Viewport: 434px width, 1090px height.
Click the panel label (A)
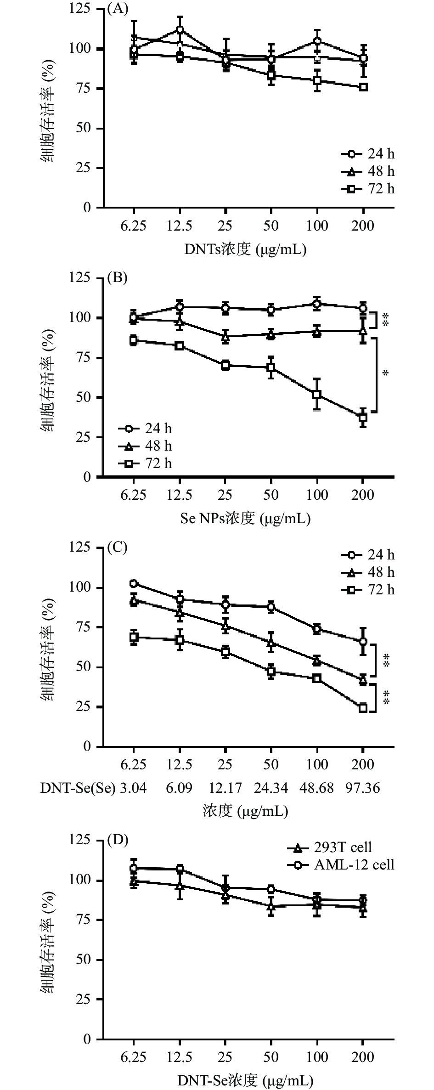[x=117, y=9]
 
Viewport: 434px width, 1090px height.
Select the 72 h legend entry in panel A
[x=368, y=189]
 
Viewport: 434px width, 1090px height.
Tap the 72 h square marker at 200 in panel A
[x=363, y=87]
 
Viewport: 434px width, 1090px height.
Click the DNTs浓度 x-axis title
[x=245, y=249]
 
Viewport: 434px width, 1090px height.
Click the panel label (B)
[x=117, y=278]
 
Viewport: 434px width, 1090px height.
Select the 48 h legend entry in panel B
[x=146, y=446]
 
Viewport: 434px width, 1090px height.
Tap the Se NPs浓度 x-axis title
[x=245, y=519]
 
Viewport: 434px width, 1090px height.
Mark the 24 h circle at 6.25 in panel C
[x=134, y=583]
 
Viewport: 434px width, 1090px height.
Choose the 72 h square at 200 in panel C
[x=363, y=708]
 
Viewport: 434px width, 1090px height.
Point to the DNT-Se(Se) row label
[x=78, y=788]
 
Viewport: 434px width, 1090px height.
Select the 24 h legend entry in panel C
[x=368, y=555]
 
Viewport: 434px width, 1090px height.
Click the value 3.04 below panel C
[x=133, y=788]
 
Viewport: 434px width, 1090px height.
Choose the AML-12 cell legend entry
[x=341, y=865]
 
